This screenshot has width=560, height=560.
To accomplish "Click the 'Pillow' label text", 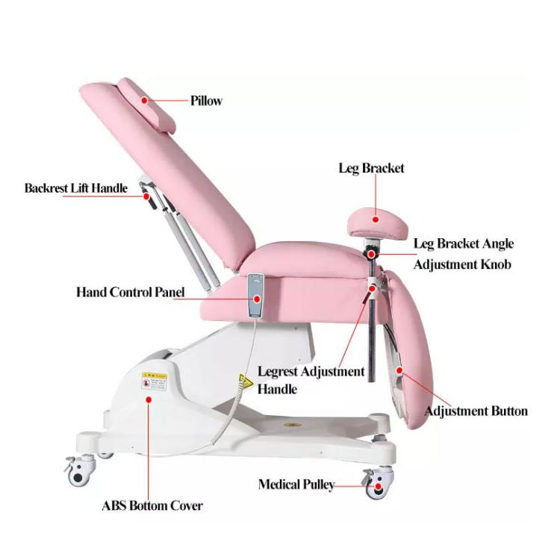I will coord(206,101).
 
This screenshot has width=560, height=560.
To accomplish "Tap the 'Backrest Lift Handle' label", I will coord(75,188).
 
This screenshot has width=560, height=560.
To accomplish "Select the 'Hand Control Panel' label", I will coord(130,292).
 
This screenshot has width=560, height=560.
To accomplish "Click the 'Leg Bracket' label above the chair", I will coord(371,168).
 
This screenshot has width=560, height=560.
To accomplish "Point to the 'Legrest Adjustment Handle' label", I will coord(311,380).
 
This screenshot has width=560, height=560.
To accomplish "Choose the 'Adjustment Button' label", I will coord(476,411).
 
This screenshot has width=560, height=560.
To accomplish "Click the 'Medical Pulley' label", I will coord(296,485).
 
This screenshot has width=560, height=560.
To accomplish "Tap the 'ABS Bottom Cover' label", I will coord(152,505).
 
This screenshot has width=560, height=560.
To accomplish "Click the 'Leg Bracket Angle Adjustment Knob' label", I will coord(463,254).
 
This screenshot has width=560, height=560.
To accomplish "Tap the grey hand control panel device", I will coord(256,292).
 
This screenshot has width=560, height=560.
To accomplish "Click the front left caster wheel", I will coord(77,472).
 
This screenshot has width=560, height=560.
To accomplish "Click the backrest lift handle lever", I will coord(149,199).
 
